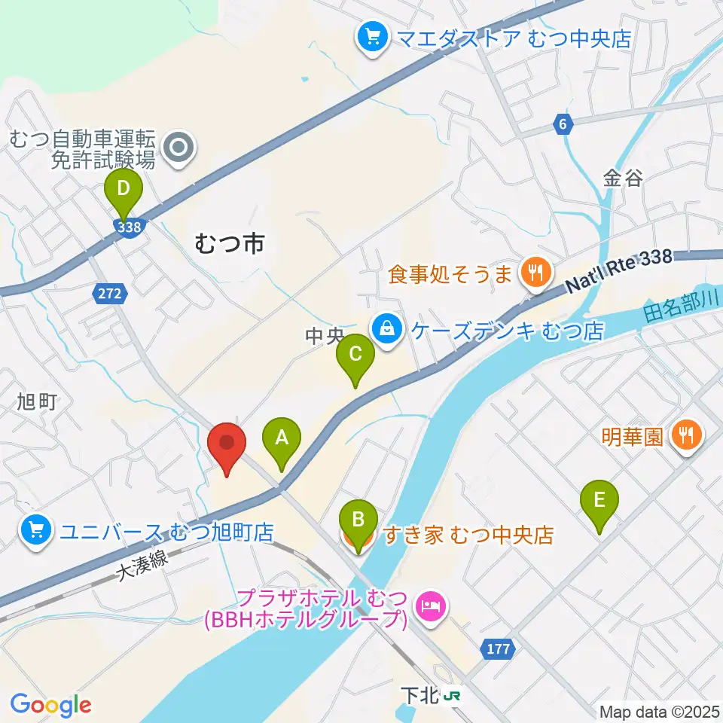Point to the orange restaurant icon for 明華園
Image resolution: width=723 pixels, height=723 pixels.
click(687, 436)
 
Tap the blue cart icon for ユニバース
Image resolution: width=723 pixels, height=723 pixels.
click(36, 531)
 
